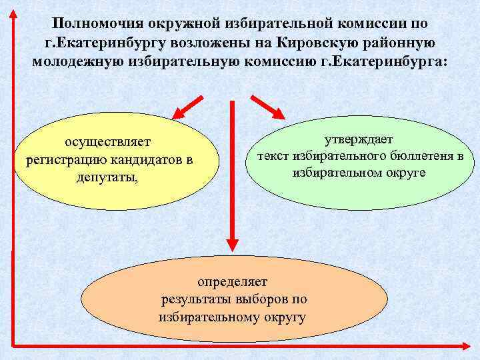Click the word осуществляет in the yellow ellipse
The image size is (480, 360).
tap(107, 142)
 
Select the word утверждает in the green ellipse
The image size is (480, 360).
tap(359, 139)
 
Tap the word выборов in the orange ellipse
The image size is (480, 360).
tap(264, 299)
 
